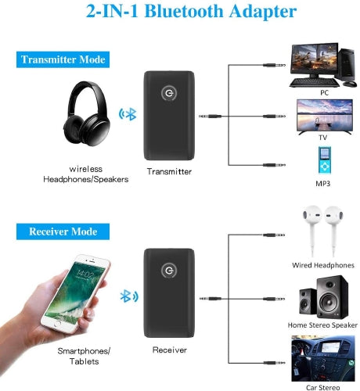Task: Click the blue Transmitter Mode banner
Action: (63, 59)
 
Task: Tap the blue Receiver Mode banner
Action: (63, 231)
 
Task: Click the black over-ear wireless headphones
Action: (87, 113)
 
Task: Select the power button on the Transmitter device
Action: (169, 93)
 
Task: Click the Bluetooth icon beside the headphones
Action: (128, 114)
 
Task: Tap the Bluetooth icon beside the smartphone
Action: (129, 296)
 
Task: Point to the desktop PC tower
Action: (347, 65)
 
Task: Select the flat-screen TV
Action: (325, 117)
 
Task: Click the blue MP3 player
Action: (325, 160)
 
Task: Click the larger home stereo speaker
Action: (332, 297)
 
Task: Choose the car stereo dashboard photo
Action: (323, 359)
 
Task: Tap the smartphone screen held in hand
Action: (75, 292)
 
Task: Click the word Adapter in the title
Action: (263, 12)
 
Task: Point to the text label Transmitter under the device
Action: (169, 171)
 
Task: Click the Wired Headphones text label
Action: (323, 265)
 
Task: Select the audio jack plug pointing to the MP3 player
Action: (274, 165)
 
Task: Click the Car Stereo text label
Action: (323, 388)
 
